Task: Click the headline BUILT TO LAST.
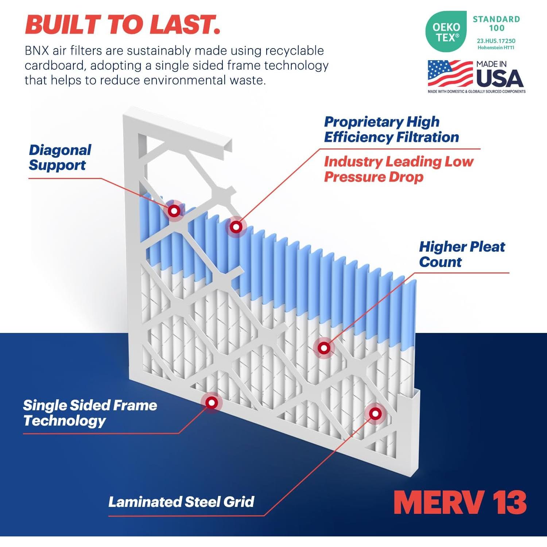(x=123, y=24)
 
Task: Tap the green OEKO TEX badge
(x=446, y=32)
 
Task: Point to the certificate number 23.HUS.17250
(x=496, y=41)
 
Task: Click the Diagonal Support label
(x=60, y=158)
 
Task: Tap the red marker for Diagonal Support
(x=174, y=211)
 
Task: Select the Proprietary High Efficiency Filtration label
(x=391, y=129)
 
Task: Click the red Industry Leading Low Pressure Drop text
(x=398, y=169)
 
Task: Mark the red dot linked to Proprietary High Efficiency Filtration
(x=236, y=227)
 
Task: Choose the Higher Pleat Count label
(x=462, y=254)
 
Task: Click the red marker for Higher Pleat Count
(x=324, y=348)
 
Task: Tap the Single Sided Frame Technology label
(x=90, y=413)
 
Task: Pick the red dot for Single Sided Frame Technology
(x=212, y=403)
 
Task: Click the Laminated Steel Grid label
(x=181, y=502)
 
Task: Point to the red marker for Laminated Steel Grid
(x=375, y=414)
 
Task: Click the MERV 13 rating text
(x=460, y=503)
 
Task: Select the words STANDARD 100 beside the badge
(x=496, y=23)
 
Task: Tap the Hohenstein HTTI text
(x=496, y=48)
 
